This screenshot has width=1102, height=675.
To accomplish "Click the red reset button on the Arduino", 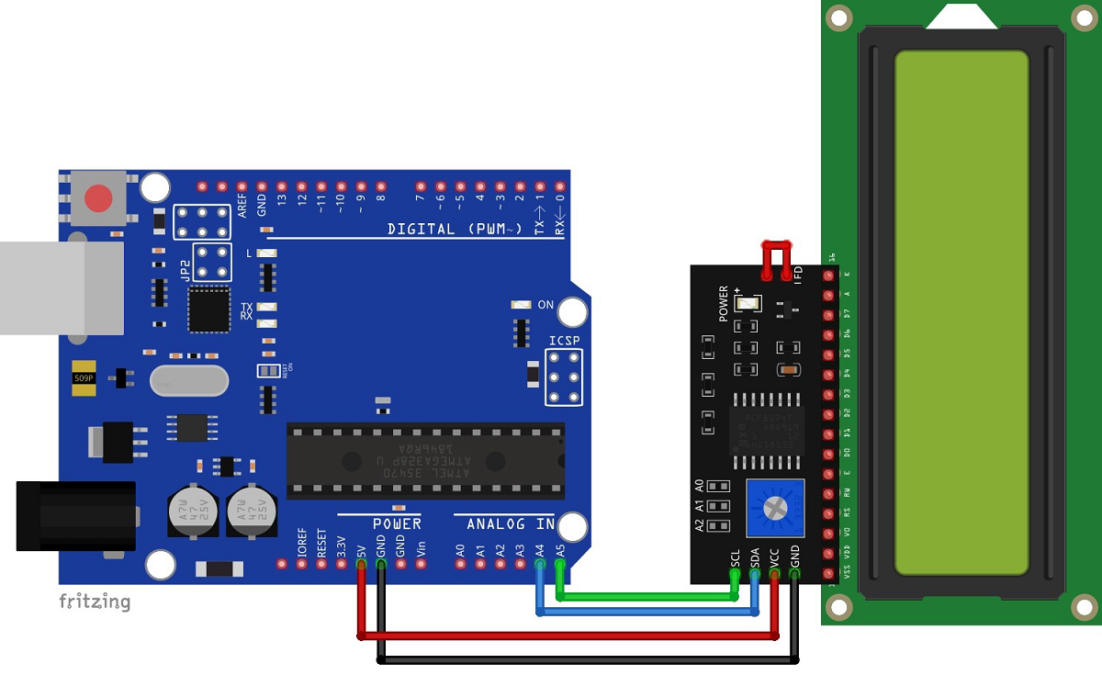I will [x=99, y=197].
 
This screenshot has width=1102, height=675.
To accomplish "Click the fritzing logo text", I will [x=95, y=602].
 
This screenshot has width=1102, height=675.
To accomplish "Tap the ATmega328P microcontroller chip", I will [x=425, y=461].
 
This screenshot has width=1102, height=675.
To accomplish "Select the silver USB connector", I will [x=61, y=287].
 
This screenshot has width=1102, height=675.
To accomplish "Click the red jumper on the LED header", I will [x=776, y=259].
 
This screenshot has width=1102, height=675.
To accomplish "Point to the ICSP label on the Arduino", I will [x=565, y=341].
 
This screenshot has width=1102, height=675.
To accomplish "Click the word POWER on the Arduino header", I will [x=397, y=523].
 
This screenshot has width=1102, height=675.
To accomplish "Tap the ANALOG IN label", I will [x=510, y=523].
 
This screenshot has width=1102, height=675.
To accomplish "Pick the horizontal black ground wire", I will [x=588, y=658].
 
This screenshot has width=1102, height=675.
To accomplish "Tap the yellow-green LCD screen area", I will [x=961, y=312].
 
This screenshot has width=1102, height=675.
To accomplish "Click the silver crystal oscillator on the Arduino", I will [x=188, y=380].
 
